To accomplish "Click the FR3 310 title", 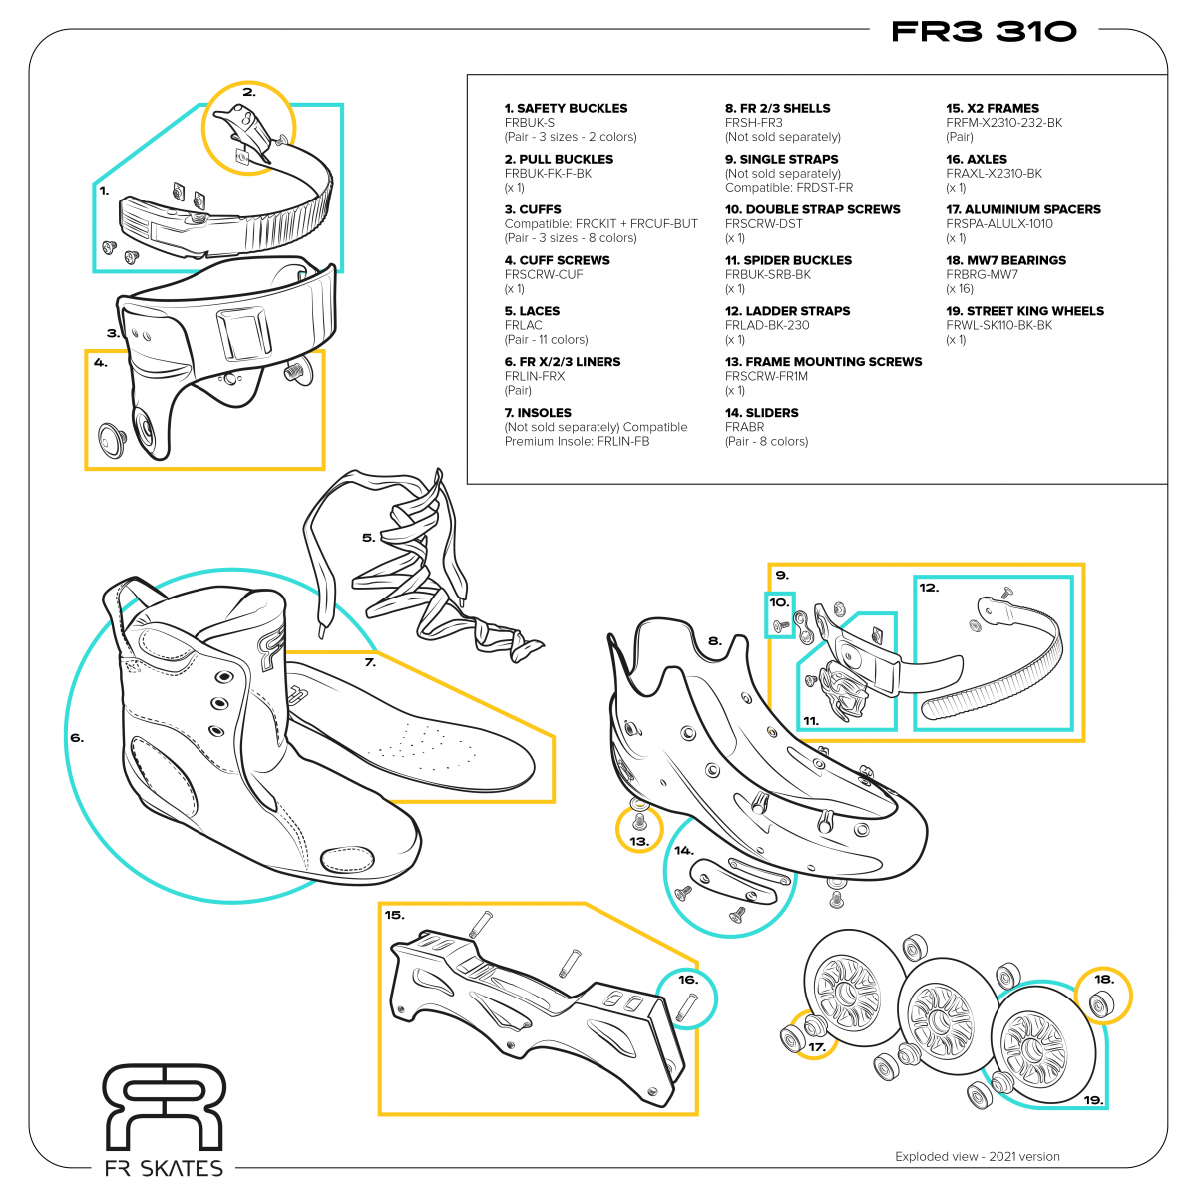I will click(x=984, y=31).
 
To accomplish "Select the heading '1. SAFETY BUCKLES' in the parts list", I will click(x=566, y=108).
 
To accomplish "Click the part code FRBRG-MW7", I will click(x=982, y=274).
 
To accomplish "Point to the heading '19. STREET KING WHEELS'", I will click(x=1024, y=311).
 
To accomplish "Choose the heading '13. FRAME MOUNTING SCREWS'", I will click(x=823, y=362).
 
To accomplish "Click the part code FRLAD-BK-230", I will click(x=767, y=325).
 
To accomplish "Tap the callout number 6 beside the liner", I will click(x=77, y=739).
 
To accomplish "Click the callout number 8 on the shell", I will click(x=714, y=641).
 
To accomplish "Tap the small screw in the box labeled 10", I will click(x=779, y=625).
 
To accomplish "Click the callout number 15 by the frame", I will click(x=395, y=915).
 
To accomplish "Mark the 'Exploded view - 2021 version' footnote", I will click(x=977, y=1157).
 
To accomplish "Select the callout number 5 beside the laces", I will click(x=368, y=538).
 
